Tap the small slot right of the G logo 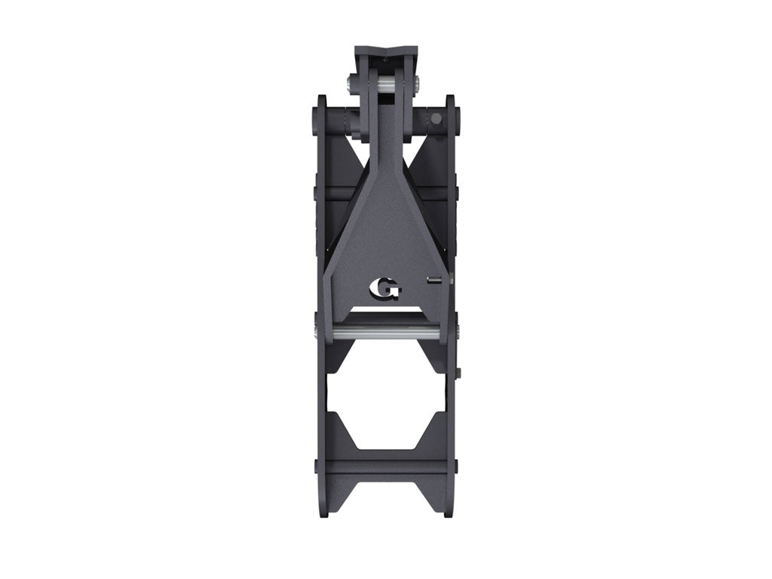[x=433, y=280]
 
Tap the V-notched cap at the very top [x=387, y=57]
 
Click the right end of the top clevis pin [x=418, y=84]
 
